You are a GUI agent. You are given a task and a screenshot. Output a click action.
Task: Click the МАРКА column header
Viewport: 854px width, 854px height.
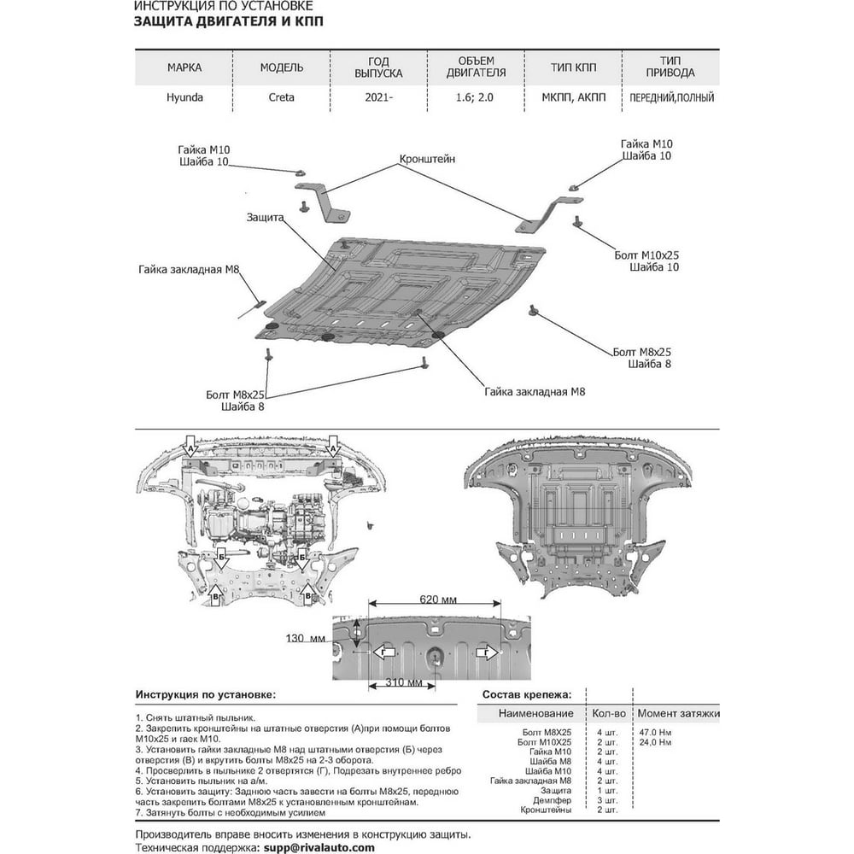click(184, 67)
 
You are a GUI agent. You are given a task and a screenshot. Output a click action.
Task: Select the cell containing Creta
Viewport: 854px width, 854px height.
click(281, 97)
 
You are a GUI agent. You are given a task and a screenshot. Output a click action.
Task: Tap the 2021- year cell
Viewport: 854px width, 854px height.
click(378, 97)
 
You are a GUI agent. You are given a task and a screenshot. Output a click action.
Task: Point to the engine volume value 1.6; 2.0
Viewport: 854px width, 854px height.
click(474, 97)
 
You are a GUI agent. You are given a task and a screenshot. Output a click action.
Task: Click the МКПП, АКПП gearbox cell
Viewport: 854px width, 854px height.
click(574, 97)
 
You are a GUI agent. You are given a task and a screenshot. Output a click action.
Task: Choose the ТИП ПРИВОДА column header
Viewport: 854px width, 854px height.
click(670, 67)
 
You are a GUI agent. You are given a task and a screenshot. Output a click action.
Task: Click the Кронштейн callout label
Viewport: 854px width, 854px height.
click(427, 159)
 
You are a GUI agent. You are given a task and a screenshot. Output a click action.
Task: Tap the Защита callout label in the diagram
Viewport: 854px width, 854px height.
click(266, 217)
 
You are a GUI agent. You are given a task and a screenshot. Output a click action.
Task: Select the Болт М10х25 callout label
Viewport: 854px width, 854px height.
click(646, 254)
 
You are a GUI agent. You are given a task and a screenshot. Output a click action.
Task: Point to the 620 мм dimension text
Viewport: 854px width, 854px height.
click(438, 600)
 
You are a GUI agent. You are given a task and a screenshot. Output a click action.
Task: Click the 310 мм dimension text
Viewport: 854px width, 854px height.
click(404, 682)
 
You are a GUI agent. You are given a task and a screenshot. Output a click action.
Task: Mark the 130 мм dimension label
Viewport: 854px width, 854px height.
click(306, 638)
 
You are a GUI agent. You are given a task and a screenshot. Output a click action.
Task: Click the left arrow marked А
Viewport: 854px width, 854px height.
click(190, 446)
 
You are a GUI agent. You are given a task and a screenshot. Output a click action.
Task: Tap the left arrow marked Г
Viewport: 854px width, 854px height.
click(383, 652)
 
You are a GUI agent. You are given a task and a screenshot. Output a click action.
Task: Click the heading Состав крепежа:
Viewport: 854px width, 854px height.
click(527, 694)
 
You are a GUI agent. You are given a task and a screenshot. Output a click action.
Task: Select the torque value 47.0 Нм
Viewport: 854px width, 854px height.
click(655, 732)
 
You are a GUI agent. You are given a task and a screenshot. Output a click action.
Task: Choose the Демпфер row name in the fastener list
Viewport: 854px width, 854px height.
click(553, 800)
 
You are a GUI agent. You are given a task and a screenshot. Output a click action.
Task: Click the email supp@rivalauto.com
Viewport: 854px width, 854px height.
click(319, 847)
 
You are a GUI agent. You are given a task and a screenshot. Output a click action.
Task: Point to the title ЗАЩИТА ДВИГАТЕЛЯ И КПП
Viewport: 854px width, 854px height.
click(228, 21)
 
